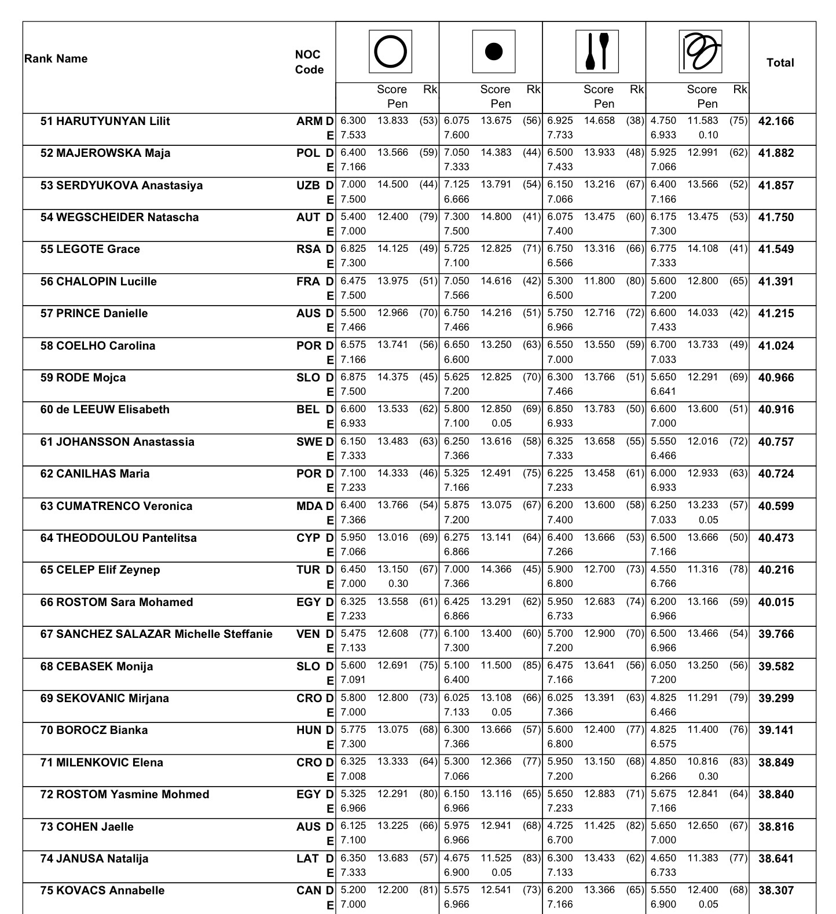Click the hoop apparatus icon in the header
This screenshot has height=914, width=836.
point(390,52)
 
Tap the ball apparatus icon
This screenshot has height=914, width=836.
point(493,52)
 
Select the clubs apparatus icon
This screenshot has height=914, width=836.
point(597,52)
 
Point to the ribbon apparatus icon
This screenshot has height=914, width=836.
point(700,52)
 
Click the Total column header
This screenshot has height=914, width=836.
point(780,63)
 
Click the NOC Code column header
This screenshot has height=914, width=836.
point(309,62)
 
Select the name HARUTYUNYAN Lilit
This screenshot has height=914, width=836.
point(105,121)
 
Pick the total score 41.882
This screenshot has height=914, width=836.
point(776,153)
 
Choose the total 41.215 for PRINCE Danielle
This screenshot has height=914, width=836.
point(776,314)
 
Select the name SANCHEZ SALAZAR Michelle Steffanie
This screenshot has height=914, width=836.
point(156,634)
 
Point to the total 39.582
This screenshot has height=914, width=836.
point(776,666)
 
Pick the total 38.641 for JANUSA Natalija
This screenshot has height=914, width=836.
point(776,858)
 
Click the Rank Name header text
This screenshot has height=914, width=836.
point(56,58)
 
